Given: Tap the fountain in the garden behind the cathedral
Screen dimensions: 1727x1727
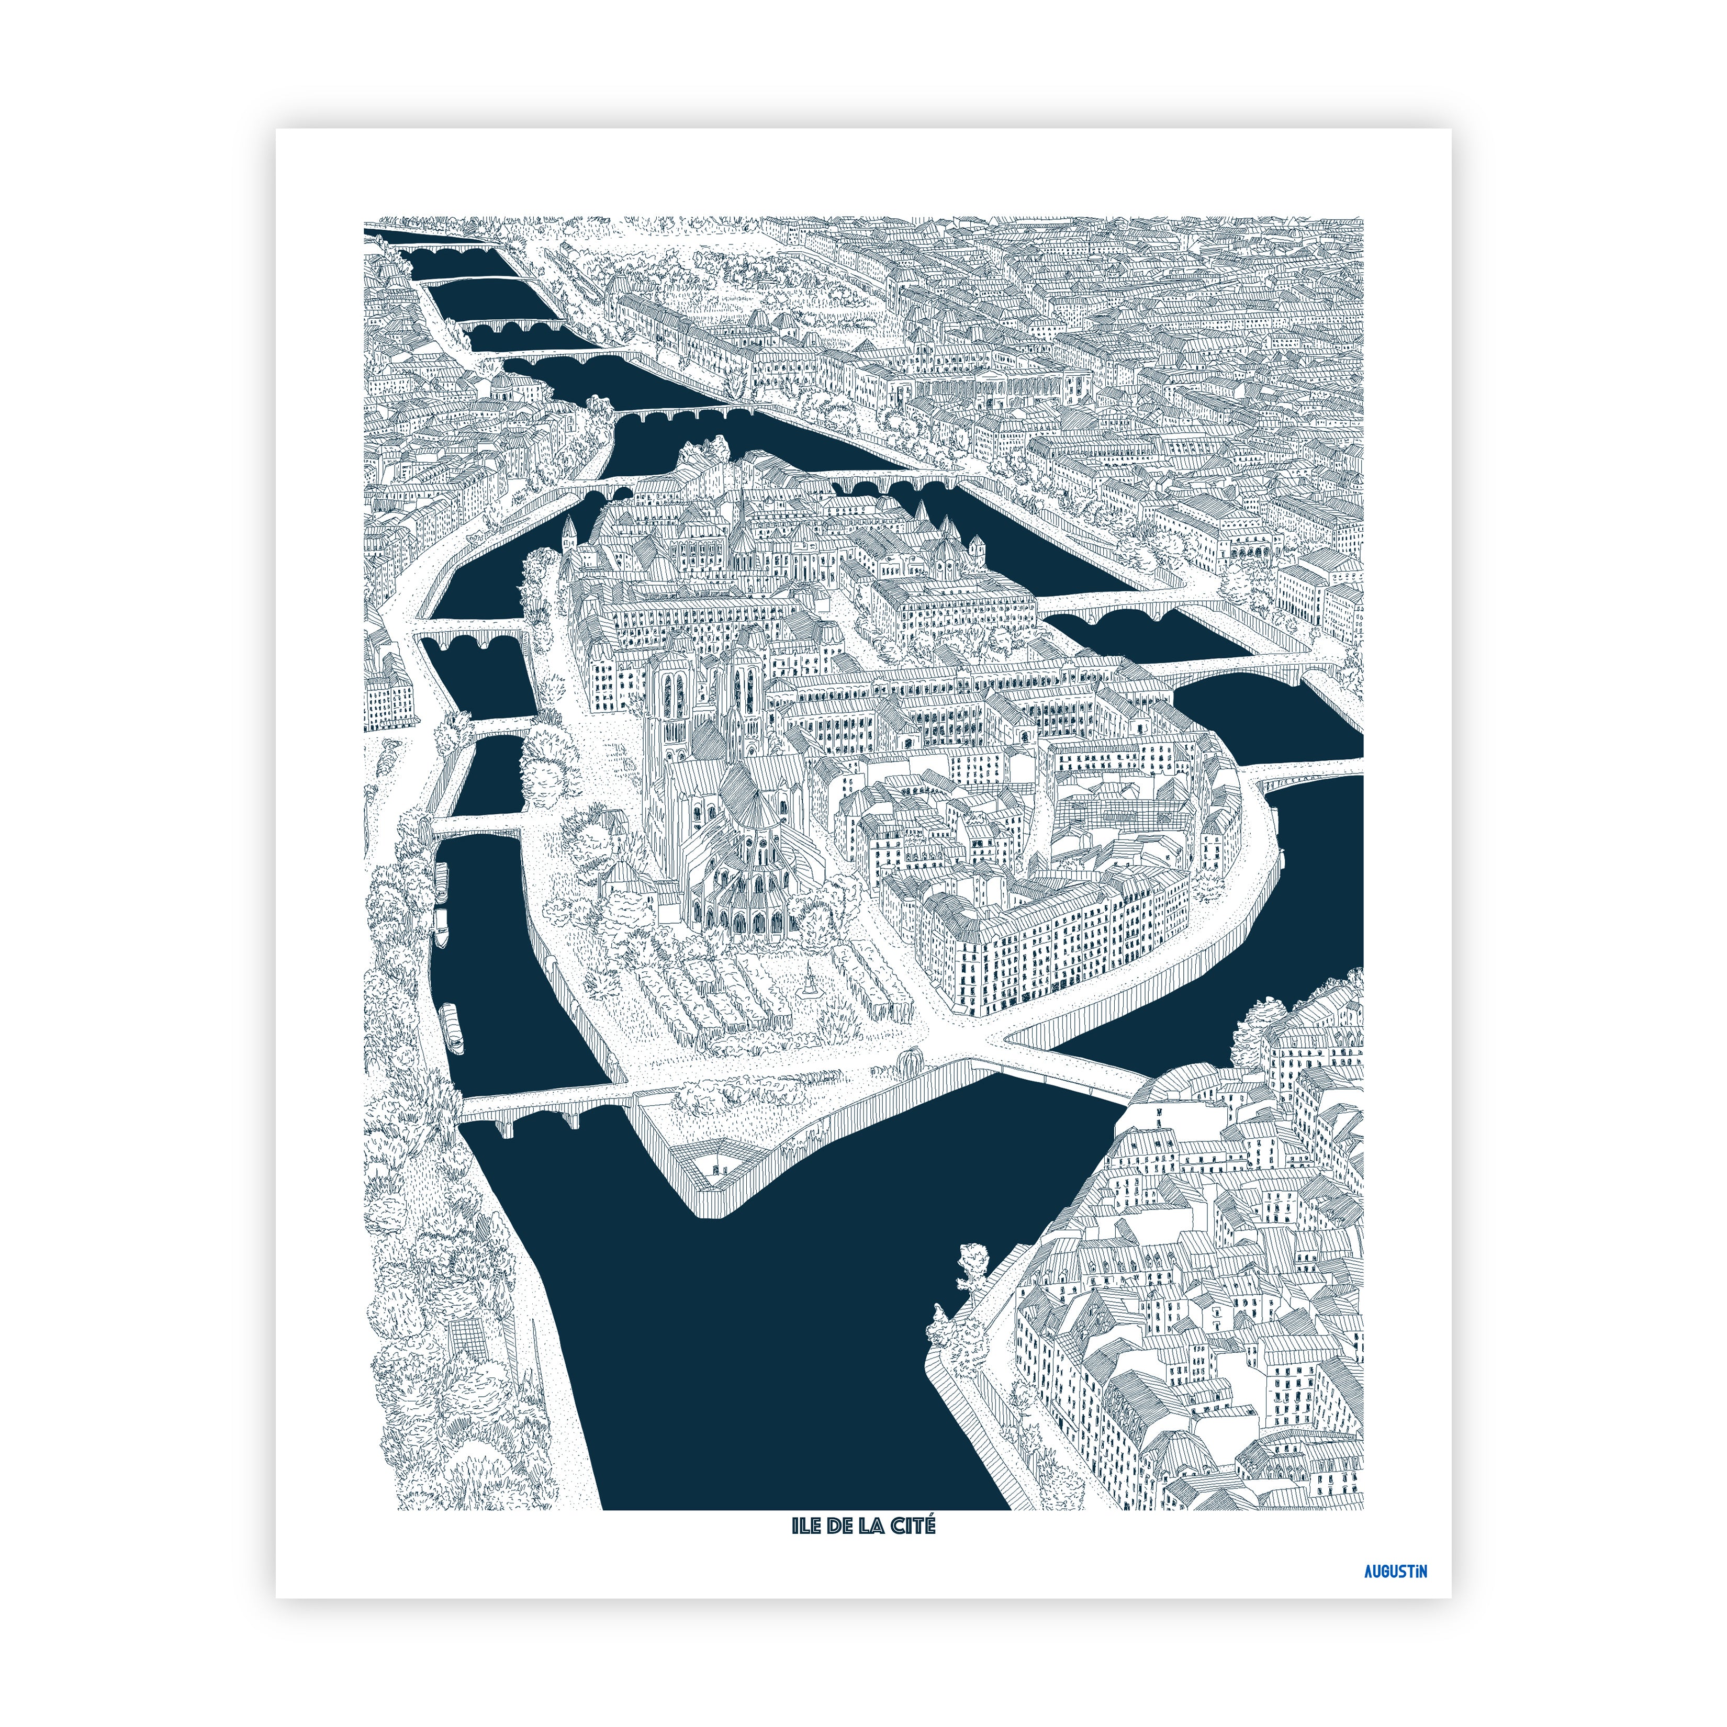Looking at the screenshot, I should coord(810,981).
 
